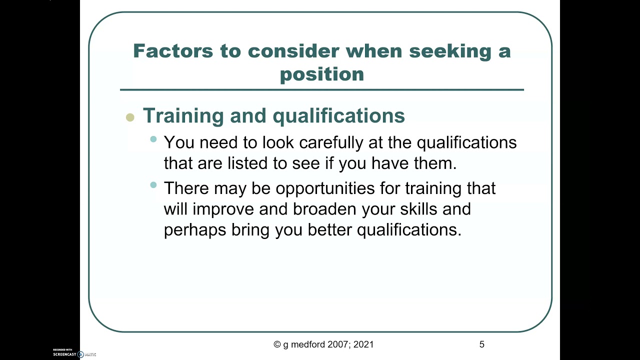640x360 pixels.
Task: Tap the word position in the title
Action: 322,74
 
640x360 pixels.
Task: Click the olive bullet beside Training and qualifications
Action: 130,118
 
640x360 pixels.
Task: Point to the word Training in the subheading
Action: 183,116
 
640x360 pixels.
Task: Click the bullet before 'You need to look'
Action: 153,139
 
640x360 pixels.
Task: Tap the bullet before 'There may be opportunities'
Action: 153,185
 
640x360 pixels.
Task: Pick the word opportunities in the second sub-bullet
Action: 337,188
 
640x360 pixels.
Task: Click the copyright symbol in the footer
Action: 277,344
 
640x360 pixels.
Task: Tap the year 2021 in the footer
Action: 363,344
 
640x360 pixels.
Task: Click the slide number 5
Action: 481,344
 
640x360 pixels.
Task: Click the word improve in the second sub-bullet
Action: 223,208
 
